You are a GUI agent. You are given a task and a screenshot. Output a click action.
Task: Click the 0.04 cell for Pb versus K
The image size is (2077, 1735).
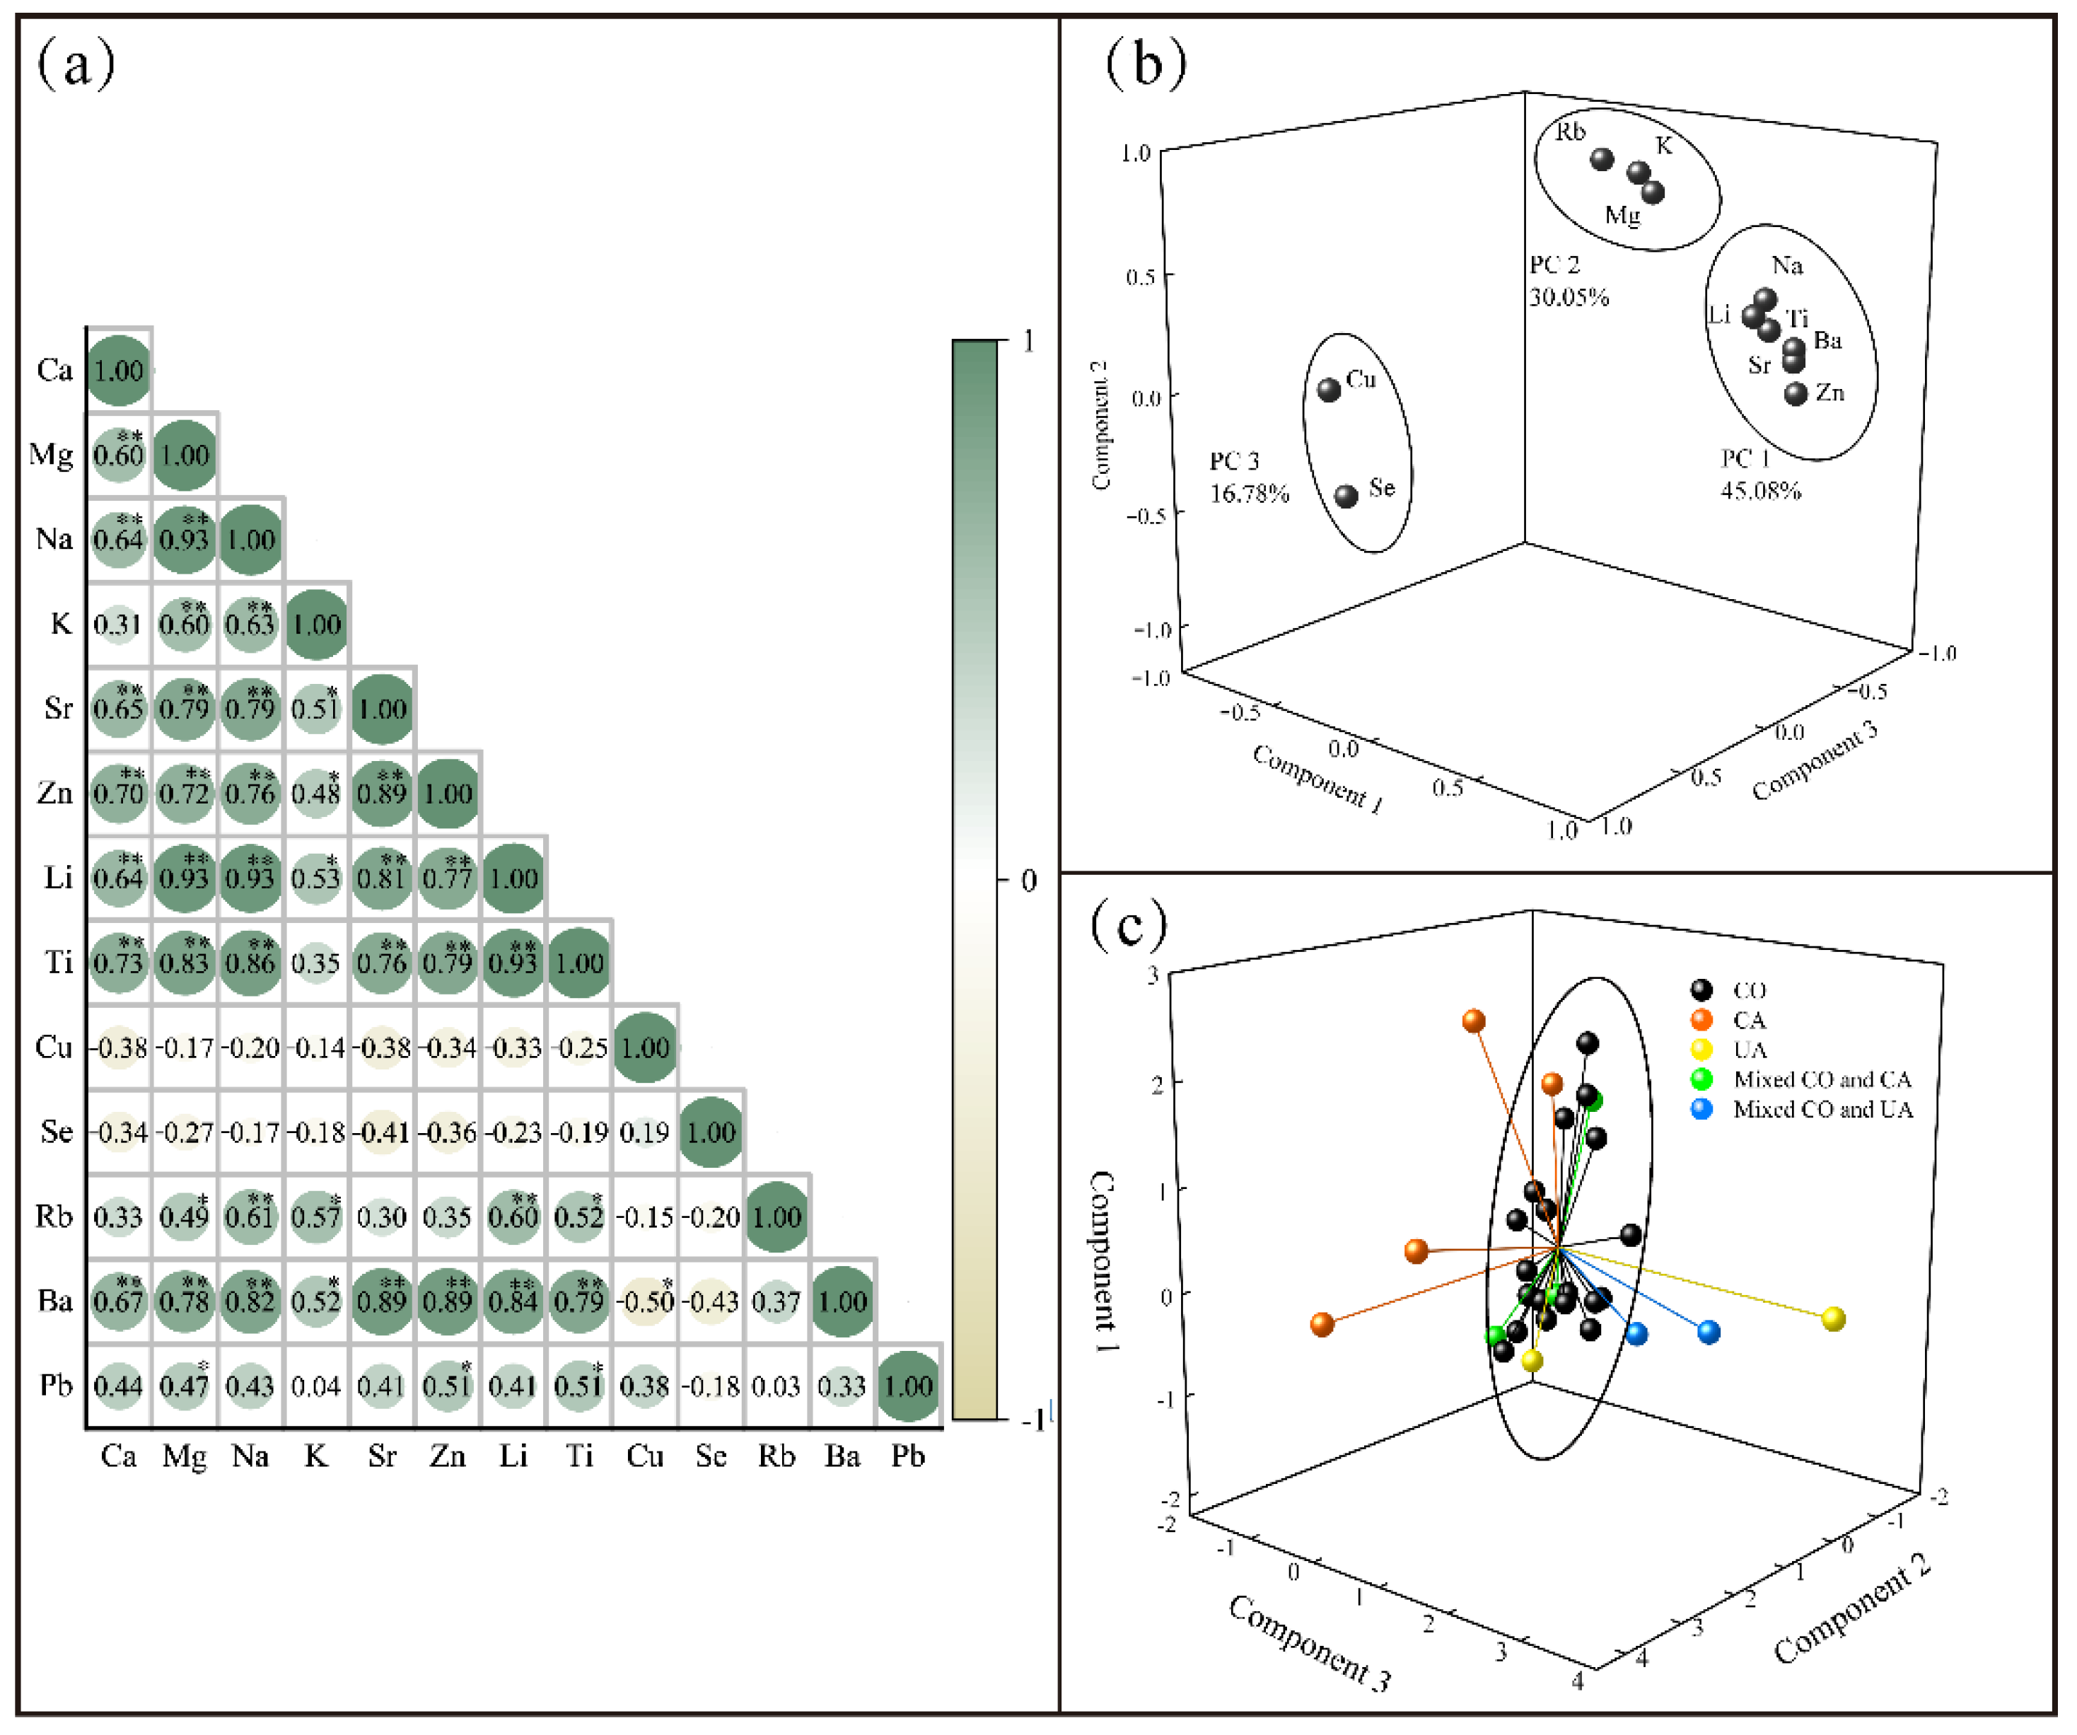pos(315,1386)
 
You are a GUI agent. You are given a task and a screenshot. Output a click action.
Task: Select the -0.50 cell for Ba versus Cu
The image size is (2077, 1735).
pos(645,1301)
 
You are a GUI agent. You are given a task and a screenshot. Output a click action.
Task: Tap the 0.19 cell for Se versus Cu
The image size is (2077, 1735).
pos(645,1132)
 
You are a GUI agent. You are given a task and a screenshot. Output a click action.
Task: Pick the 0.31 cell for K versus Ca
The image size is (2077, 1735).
pos(117,624)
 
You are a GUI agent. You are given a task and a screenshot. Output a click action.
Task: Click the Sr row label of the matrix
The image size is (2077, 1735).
pos(57,708)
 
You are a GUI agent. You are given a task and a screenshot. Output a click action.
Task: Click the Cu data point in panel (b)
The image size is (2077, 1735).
pos(1330,390)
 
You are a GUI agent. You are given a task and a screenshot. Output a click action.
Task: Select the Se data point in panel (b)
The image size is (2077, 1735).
pos(1346,496)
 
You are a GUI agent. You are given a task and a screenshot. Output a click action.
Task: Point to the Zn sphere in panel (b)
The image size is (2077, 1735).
pos(1796,394)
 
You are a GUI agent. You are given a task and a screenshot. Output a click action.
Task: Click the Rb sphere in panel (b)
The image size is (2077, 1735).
pos(1602,159)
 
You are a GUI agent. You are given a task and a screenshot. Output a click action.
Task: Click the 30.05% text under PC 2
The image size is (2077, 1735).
pos(1569,297)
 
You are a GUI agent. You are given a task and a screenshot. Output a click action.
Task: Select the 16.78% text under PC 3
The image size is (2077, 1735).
pos(1249,492)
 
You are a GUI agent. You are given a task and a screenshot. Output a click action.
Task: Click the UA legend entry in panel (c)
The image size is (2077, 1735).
pos(1749,1050)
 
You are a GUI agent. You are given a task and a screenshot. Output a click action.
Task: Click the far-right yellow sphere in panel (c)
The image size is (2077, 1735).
pos(1833,1318)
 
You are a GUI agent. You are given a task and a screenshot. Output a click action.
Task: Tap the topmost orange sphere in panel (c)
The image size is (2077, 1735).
pos(1474,1021)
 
